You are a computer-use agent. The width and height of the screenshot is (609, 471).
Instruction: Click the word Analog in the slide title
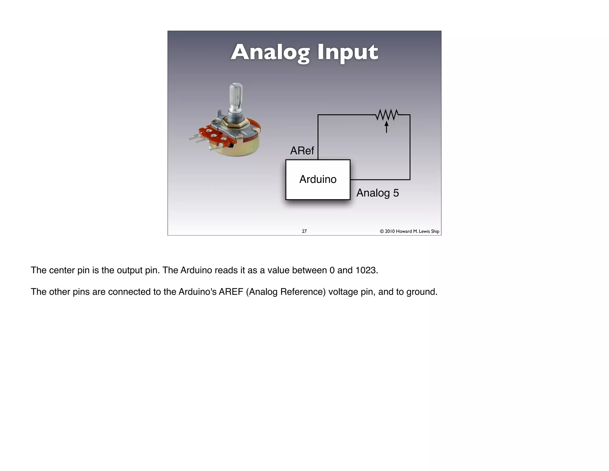pos(270,52)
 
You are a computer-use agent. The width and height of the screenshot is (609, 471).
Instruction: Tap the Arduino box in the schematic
pos(318,180)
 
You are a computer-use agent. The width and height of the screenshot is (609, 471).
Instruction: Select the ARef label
pos(302,151)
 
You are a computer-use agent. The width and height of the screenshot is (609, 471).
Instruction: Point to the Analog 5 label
pos(377,193)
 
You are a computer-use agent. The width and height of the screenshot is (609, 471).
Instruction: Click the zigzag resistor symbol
pos(387,115)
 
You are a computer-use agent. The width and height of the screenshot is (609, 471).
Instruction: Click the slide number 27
pos(304,231)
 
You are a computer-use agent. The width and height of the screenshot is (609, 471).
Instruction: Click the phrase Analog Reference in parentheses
pos(287,292)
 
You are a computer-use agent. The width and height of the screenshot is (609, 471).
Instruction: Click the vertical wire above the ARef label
pos(318,134)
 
